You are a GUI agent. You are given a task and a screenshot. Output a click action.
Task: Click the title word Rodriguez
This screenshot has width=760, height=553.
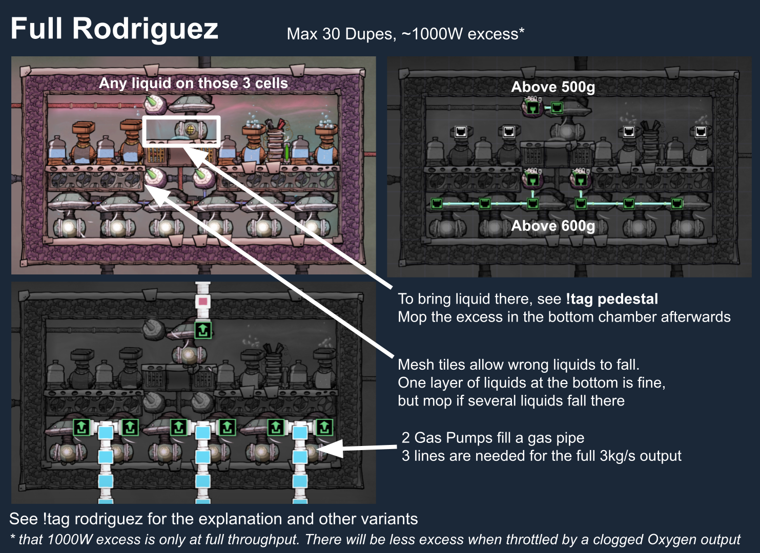(x=145, y=29)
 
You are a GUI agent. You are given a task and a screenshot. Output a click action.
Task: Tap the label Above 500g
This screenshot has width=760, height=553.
(x=553, y=87)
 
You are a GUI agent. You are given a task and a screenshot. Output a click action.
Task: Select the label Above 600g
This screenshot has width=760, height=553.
(x=553, y=226)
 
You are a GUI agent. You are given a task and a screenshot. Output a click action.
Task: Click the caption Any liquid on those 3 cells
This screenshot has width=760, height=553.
(x=193, y=83)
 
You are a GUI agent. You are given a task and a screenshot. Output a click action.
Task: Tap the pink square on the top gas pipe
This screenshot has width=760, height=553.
(x=203, y=301)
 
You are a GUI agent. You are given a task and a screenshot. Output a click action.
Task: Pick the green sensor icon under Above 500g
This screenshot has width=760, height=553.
(x=533, y=108)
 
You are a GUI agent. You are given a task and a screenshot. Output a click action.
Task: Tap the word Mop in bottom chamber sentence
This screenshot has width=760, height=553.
(x=412, y=317)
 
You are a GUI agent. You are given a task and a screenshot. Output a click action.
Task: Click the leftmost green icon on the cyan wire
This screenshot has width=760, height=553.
(x=437, y=204)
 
